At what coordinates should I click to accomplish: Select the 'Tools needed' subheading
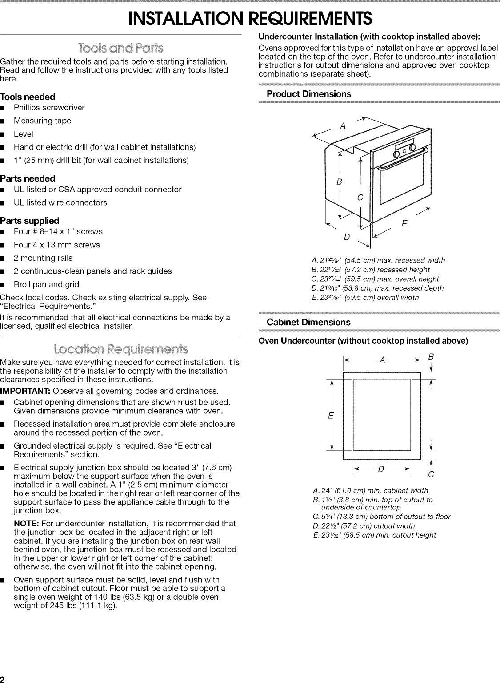pos(28,97)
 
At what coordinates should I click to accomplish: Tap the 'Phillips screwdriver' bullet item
pos(49,108)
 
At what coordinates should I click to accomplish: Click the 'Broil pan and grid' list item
pos(46,284)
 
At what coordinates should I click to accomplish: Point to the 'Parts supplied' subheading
pos(29,221)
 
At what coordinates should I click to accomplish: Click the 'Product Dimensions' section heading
pos(308,94)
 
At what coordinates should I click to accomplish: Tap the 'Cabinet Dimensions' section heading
pos(308,322)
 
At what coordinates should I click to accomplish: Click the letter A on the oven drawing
pos(342,126)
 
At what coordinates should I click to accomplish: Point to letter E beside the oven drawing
pos(404,224)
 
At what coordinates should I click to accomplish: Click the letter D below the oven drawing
pos(347,236)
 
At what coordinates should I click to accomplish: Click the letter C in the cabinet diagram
pos(431,475)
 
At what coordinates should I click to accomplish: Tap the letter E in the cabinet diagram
pos(330,416)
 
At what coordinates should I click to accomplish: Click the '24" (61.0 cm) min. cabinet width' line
pos(370,490)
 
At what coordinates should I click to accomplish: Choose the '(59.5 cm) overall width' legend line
pos(365,297)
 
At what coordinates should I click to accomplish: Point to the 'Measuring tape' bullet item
pos(42,121)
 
